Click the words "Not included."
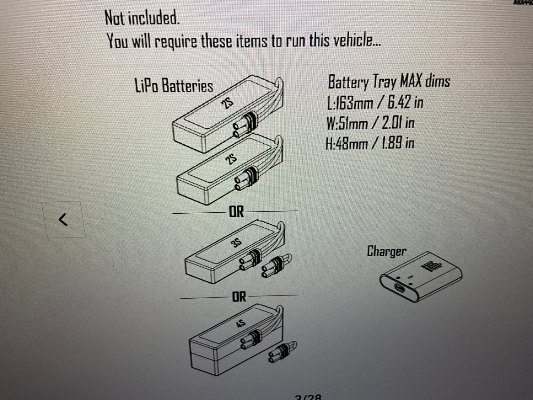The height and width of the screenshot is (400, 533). click(142, 18)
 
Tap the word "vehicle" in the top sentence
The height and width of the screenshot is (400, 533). click(355, 40)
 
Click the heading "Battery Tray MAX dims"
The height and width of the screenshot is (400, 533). click(389, 82)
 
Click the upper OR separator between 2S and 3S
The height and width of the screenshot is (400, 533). click(236, 212)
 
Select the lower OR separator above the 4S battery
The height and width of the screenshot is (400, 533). click(239, 296)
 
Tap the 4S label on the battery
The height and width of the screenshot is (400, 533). click(241, 324)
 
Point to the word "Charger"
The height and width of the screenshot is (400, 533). click(386, 251)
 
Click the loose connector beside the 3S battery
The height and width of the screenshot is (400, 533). click(276, 265)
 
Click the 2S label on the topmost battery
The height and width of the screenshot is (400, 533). click(227, 103)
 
